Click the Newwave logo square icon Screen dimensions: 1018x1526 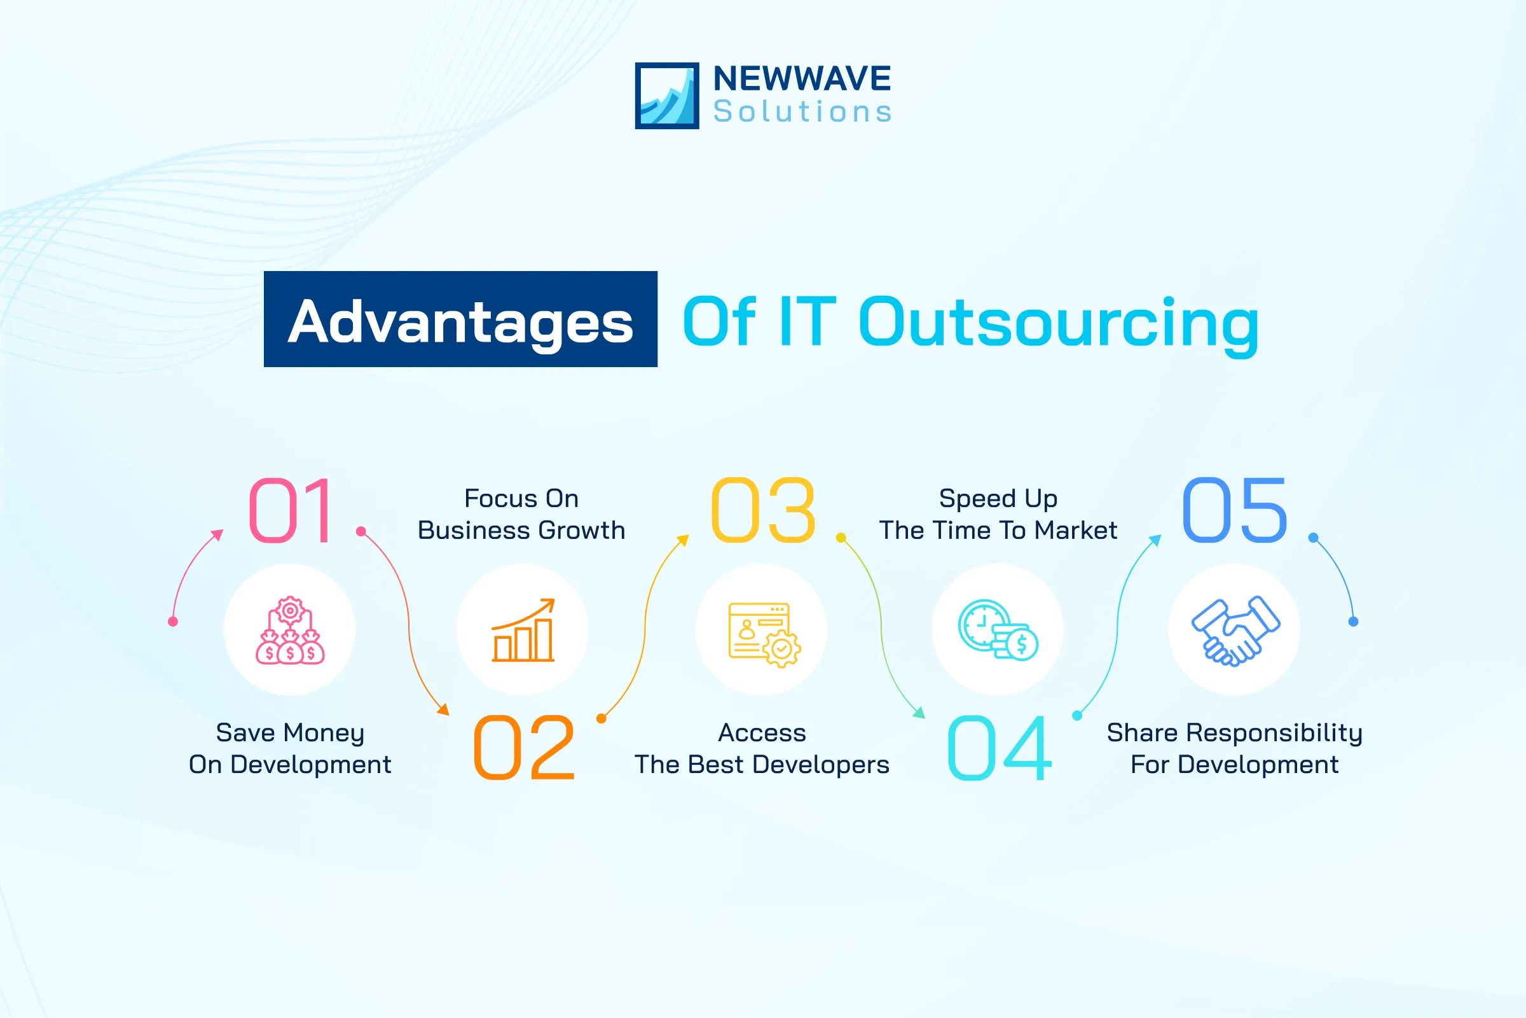pos(666,95)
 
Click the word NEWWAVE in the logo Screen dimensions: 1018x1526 pos(801,78)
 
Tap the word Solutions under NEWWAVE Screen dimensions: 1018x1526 pos(802,112)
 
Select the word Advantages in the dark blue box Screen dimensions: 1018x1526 pos(460,322)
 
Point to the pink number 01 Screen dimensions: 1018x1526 pos(291,510)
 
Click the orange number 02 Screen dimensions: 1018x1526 pos(523,748)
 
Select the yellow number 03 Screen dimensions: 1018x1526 pos(763,510)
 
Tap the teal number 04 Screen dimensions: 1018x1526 pos(999,748)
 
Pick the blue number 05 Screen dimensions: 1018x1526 pos(1234,510)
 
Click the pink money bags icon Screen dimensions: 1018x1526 pos(290,631)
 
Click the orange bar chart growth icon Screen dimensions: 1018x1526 pos(523,631)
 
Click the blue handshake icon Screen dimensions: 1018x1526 pos(1235,631)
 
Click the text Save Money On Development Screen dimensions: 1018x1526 pos(290,748)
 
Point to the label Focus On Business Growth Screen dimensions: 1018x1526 pos(521,514)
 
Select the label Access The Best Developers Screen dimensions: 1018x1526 pos(762,748)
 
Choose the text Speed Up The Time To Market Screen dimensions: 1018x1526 pos(998,514)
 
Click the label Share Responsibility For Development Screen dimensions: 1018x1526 pos(1234,748)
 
